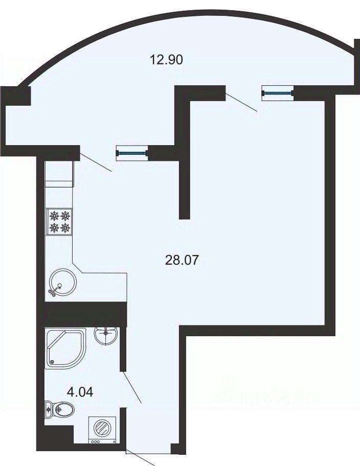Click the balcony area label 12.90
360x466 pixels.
[x=166, y=60]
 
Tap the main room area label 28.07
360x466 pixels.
[x=182, y=261]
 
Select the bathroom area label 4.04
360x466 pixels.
[x=80, y=392]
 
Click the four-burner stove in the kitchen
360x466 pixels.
[x=59, y=222]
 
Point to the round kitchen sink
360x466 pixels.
[x=62, y=283]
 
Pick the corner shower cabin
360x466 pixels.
[x=65, y=348]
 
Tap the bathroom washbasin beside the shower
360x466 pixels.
[x=105, y=335]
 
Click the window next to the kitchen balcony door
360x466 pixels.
[x=132, y=153]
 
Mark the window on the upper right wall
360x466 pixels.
[x=278, y=93]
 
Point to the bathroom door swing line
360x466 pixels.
[x=132, y=387]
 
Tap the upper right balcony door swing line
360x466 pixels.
[x=241, y=102]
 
